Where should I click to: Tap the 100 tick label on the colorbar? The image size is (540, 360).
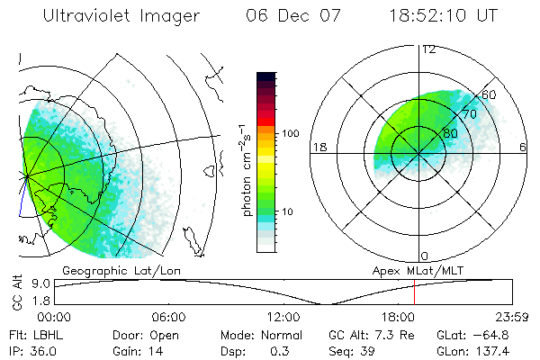coord(290,133)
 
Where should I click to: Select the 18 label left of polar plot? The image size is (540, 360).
coord(318,147)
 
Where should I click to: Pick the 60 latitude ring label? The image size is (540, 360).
coord(490,94)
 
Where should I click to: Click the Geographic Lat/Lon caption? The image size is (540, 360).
coord(110,269)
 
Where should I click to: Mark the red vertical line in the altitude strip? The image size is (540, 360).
coord(414,292)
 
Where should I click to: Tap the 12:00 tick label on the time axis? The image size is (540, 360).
coord(283,317)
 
